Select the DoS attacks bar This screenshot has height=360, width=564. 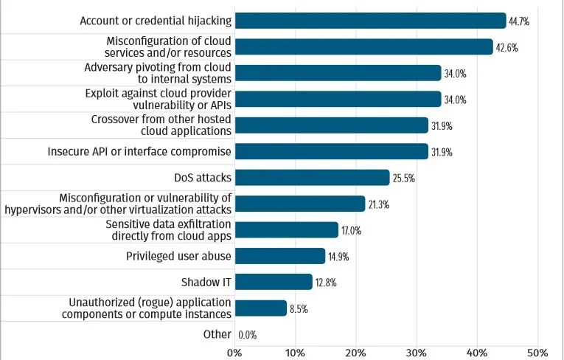pyautogui.click(x=312, y=178)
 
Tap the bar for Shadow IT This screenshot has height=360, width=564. pyautogui.click(x=274, y=282)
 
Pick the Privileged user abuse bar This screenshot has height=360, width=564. pyautogui.click(x=280, y=256)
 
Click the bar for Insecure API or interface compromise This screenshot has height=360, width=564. pyautogui.click(x=331, y=152)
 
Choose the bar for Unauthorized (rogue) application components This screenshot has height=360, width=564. pyautogui.click(x=260, y=308)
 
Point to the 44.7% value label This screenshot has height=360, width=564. pyautogui.click(x=519, y=21)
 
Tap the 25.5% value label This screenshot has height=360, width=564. pyautogui.click(x=403, y=179)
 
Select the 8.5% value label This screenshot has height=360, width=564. pyautogui.click(x=298, y=309)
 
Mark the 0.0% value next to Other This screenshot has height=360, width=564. pyautogui.click(x=248, y=335)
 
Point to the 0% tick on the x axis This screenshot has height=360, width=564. pyautogui.click(x=234, y=352)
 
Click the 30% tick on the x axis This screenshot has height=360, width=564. pyautogui.click(x=417, y=352)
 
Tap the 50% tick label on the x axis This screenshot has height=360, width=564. pyautogui.click(x=537, y=352)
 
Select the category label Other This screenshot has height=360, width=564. pyautogui.click(x=217, y=334)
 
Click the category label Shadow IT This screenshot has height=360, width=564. pyautogui.click(x=206, y=283)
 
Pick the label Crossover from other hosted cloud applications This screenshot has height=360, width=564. pyautogui.click(x=161, y=125)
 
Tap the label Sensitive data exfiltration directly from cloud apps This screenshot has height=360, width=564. pyautogui.click(x=168, y=229)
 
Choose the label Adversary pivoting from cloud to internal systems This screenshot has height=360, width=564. pyautogui.click(x=158, y=72)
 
